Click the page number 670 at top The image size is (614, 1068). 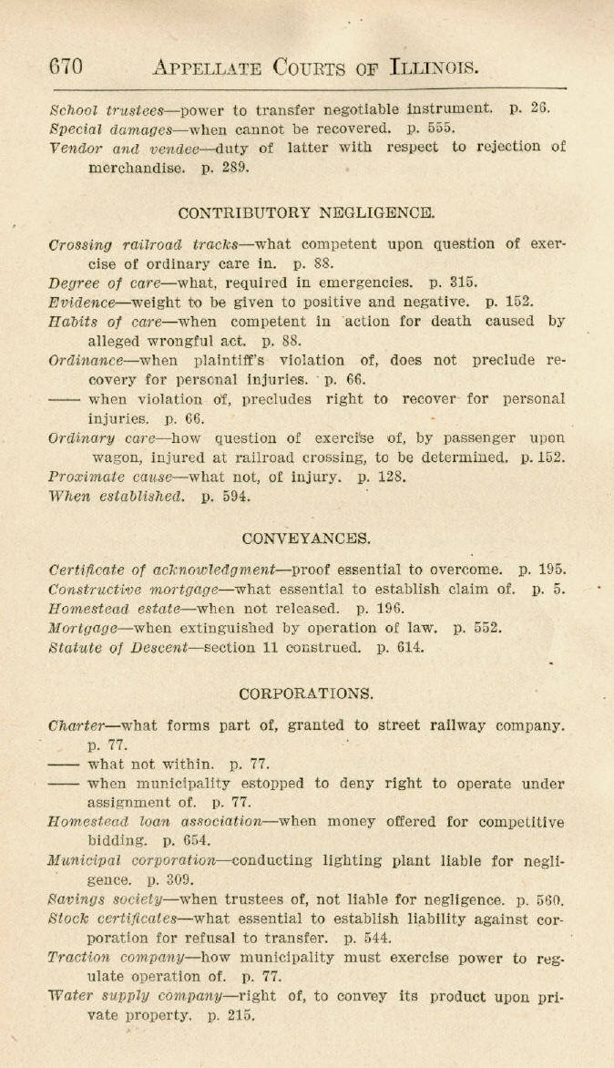(67, 67)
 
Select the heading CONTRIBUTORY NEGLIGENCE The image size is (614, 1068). (307, 213)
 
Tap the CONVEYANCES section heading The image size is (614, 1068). (307, 538)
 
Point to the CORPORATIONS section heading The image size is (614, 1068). (307, 693)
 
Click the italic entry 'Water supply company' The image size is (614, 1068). (129, 996)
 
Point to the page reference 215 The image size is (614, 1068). (240, 1015)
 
